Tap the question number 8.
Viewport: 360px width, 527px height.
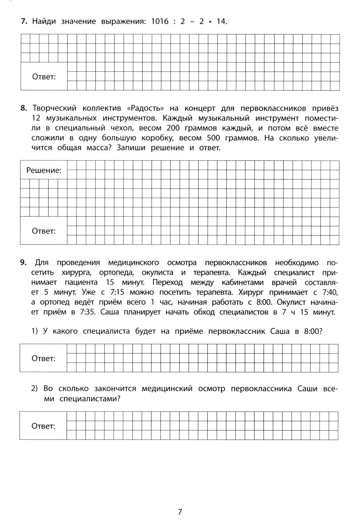coord(24,108)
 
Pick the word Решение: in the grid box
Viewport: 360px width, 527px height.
coord(44,170)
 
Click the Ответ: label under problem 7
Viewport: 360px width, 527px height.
coord(44,77)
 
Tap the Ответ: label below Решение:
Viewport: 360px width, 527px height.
coord(44,231)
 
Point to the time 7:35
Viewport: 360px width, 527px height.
coord(87,312)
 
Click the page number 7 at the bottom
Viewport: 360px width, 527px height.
coord(180,512)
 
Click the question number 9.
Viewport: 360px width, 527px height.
coord(24,263)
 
